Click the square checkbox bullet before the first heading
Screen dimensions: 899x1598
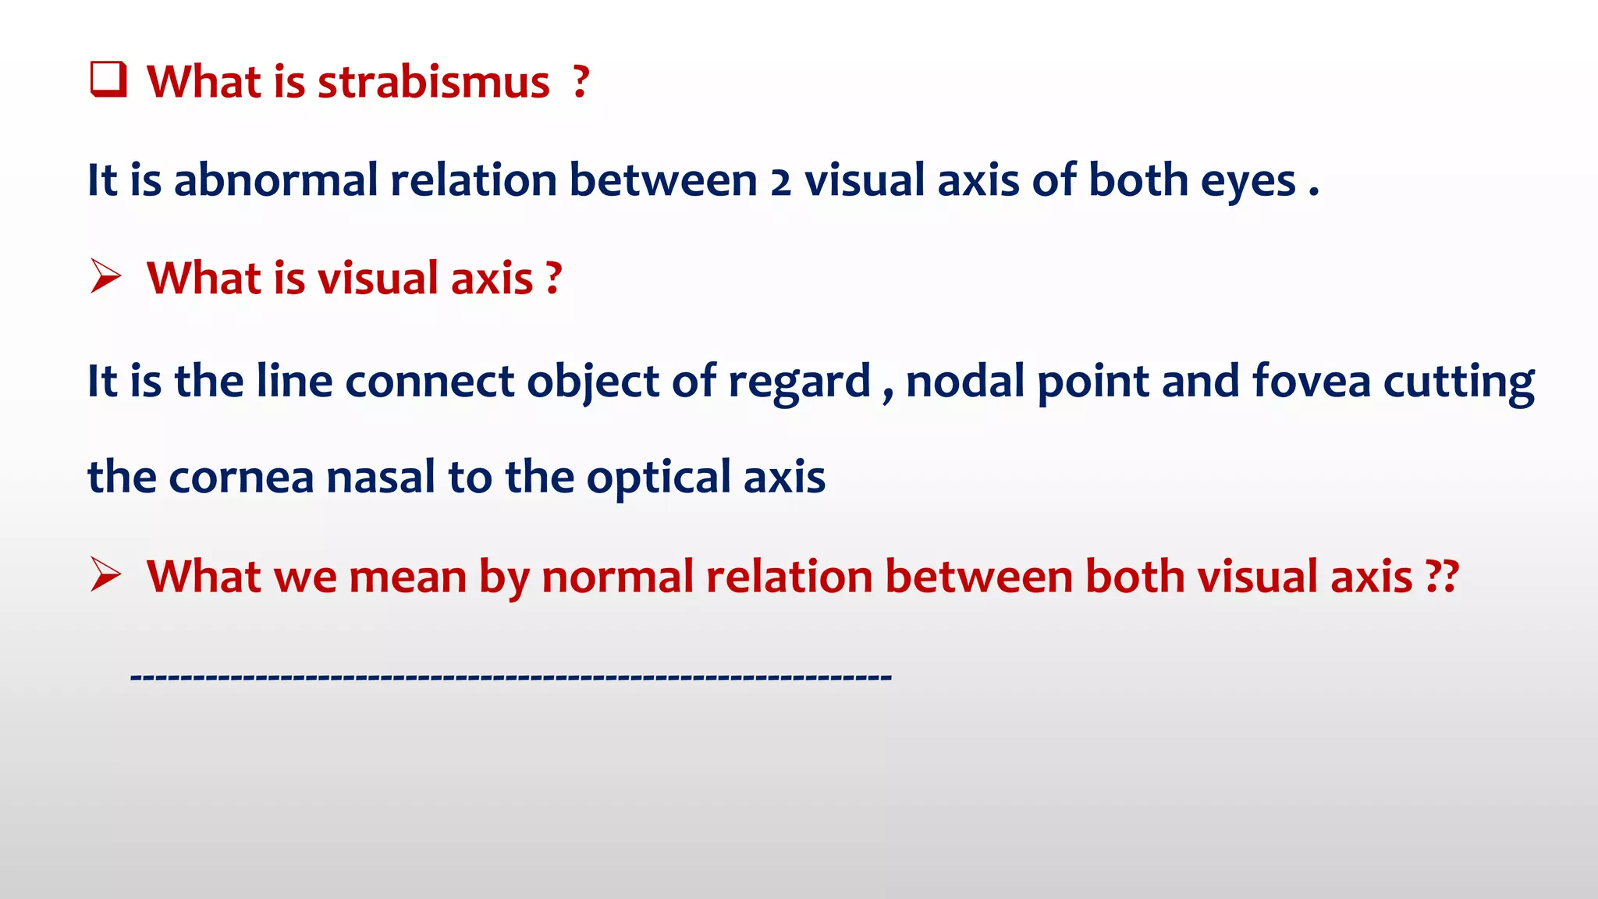(108, 80)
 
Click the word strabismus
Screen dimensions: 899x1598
(433, 82)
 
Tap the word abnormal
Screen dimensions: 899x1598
(275, 180)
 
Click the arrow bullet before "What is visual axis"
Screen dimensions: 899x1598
(105, 277)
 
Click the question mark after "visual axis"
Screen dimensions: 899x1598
(553, 278)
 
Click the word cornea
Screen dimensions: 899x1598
(241, 478)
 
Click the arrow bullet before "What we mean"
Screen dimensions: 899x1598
(105, 575)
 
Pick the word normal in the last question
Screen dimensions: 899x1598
(617, 577)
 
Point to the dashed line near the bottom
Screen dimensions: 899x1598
(511, 677)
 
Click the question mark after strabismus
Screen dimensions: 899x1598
(580, 82)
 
